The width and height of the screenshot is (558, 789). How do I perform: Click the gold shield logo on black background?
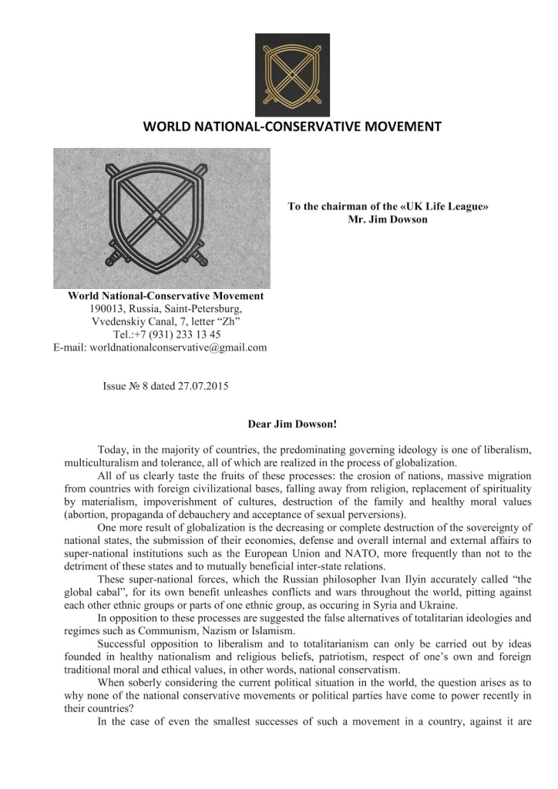coord(292,75)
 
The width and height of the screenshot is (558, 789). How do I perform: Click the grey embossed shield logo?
coord(162,218)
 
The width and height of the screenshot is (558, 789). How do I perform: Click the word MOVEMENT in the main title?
coord(398,126)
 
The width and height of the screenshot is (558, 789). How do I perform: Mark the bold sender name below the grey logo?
coord(166,295)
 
